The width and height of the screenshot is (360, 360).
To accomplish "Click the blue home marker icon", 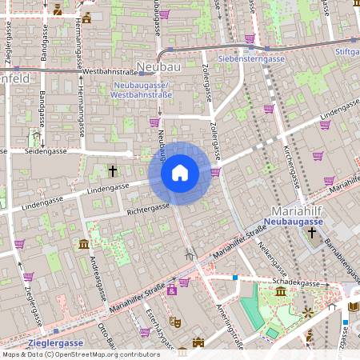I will [x=180, y=173].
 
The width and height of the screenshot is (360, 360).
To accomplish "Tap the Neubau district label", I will [x=159, y=67].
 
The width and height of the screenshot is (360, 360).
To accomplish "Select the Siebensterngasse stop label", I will [x=251, y=58].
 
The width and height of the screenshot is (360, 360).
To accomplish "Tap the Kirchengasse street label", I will [x=290, y=157].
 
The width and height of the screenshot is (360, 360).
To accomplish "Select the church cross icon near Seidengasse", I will [x=113, y=170].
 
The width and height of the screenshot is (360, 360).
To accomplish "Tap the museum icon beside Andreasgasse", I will [x=84, y=244].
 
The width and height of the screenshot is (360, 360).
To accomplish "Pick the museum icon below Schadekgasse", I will [x=281, y=294].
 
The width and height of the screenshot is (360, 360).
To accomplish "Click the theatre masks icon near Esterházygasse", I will [x=175, y=321].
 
